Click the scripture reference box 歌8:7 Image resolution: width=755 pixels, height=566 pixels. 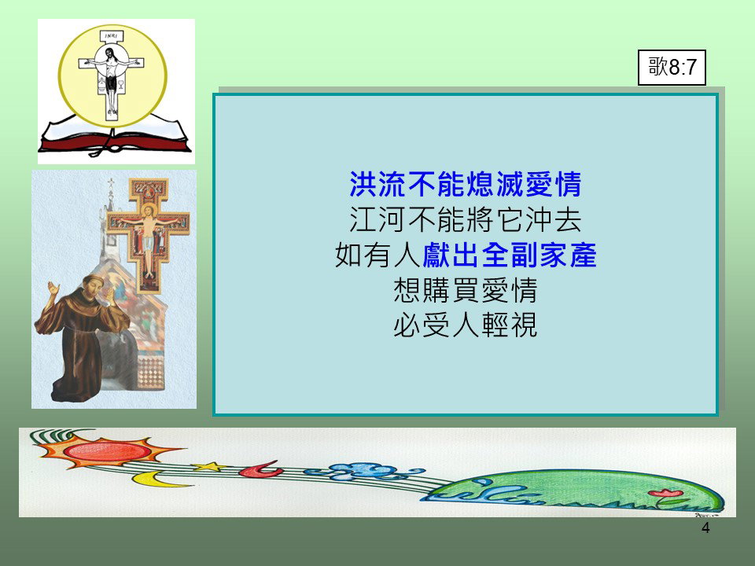(x=672, y=68)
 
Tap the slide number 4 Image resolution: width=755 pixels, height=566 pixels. (x=705, y=528)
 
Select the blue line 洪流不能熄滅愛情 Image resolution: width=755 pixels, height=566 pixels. (x=465, y=184)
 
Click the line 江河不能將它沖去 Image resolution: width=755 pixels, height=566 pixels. (x=465, y=220)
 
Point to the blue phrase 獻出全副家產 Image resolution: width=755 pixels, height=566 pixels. (x=510, y=255)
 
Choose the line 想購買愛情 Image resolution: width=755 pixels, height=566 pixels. (x=465, y=290)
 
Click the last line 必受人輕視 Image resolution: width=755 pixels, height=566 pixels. (x=465, y=325)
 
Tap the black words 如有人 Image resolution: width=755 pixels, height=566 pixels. (x=378, y=255)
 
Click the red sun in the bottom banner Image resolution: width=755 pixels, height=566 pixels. (x=107, y=451)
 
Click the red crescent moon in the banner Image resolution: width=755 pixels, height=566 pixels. (x=261, y=469)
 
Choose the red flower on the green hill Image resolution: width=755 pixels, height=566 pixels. (x=665, y=493)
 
